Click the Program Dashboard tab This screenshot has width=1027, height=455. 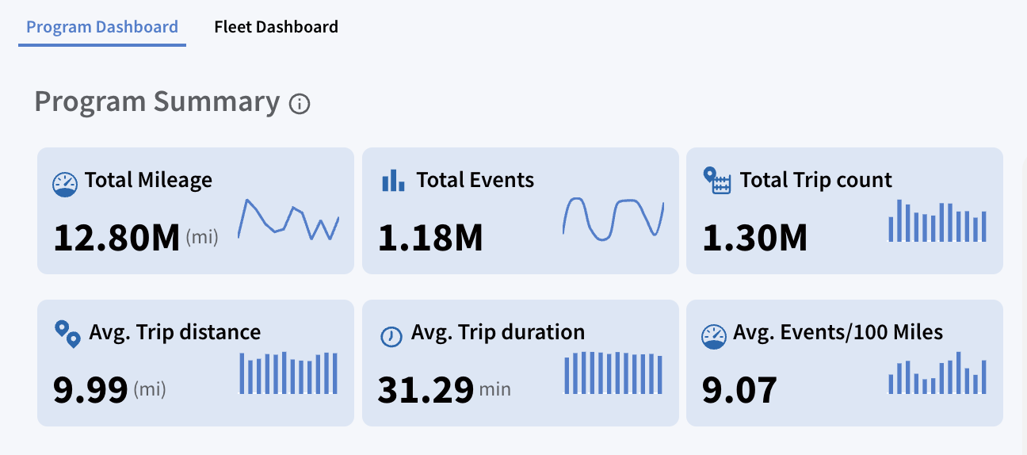click(101, 27)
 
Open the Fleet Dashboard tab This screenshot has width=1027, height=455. click(276, 27)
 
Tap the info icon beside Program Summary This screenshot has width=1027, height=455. click(300, 103)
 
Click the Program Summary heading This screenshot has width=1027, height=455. click(157, 101)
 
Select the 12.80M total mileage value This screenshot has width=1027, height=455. click(116, 238)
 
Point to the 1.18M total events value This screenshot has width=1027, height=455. click(430, 238)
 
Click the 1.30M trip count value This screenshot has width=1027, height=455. click(754, 238)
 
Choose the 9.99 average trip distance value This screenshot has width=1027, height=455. click(90, 390)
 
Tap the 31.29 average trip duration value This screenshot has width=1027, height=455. click(426, 390)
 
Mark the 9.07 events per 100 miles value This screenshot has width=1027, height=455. click(739, 390)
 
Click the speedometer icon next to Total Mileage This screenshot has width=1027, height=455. click(65, 185)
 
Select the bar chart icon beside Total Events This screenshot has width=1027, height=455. click(393, 180)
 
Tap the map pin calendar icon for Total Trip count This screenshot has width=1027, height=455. click(717, 180)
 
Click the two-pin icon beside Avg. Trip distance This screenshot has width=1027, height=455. click(68, 334)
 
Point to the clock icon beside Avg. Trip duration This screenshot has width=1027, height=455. click(391, 336)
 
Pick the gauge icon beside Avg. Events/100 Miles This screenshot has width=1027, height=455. click(714, 337)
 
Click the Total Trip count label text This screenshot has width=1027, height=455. click(815, 180)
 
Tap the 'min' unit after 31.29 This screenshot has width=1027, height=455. click(494, 389)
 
